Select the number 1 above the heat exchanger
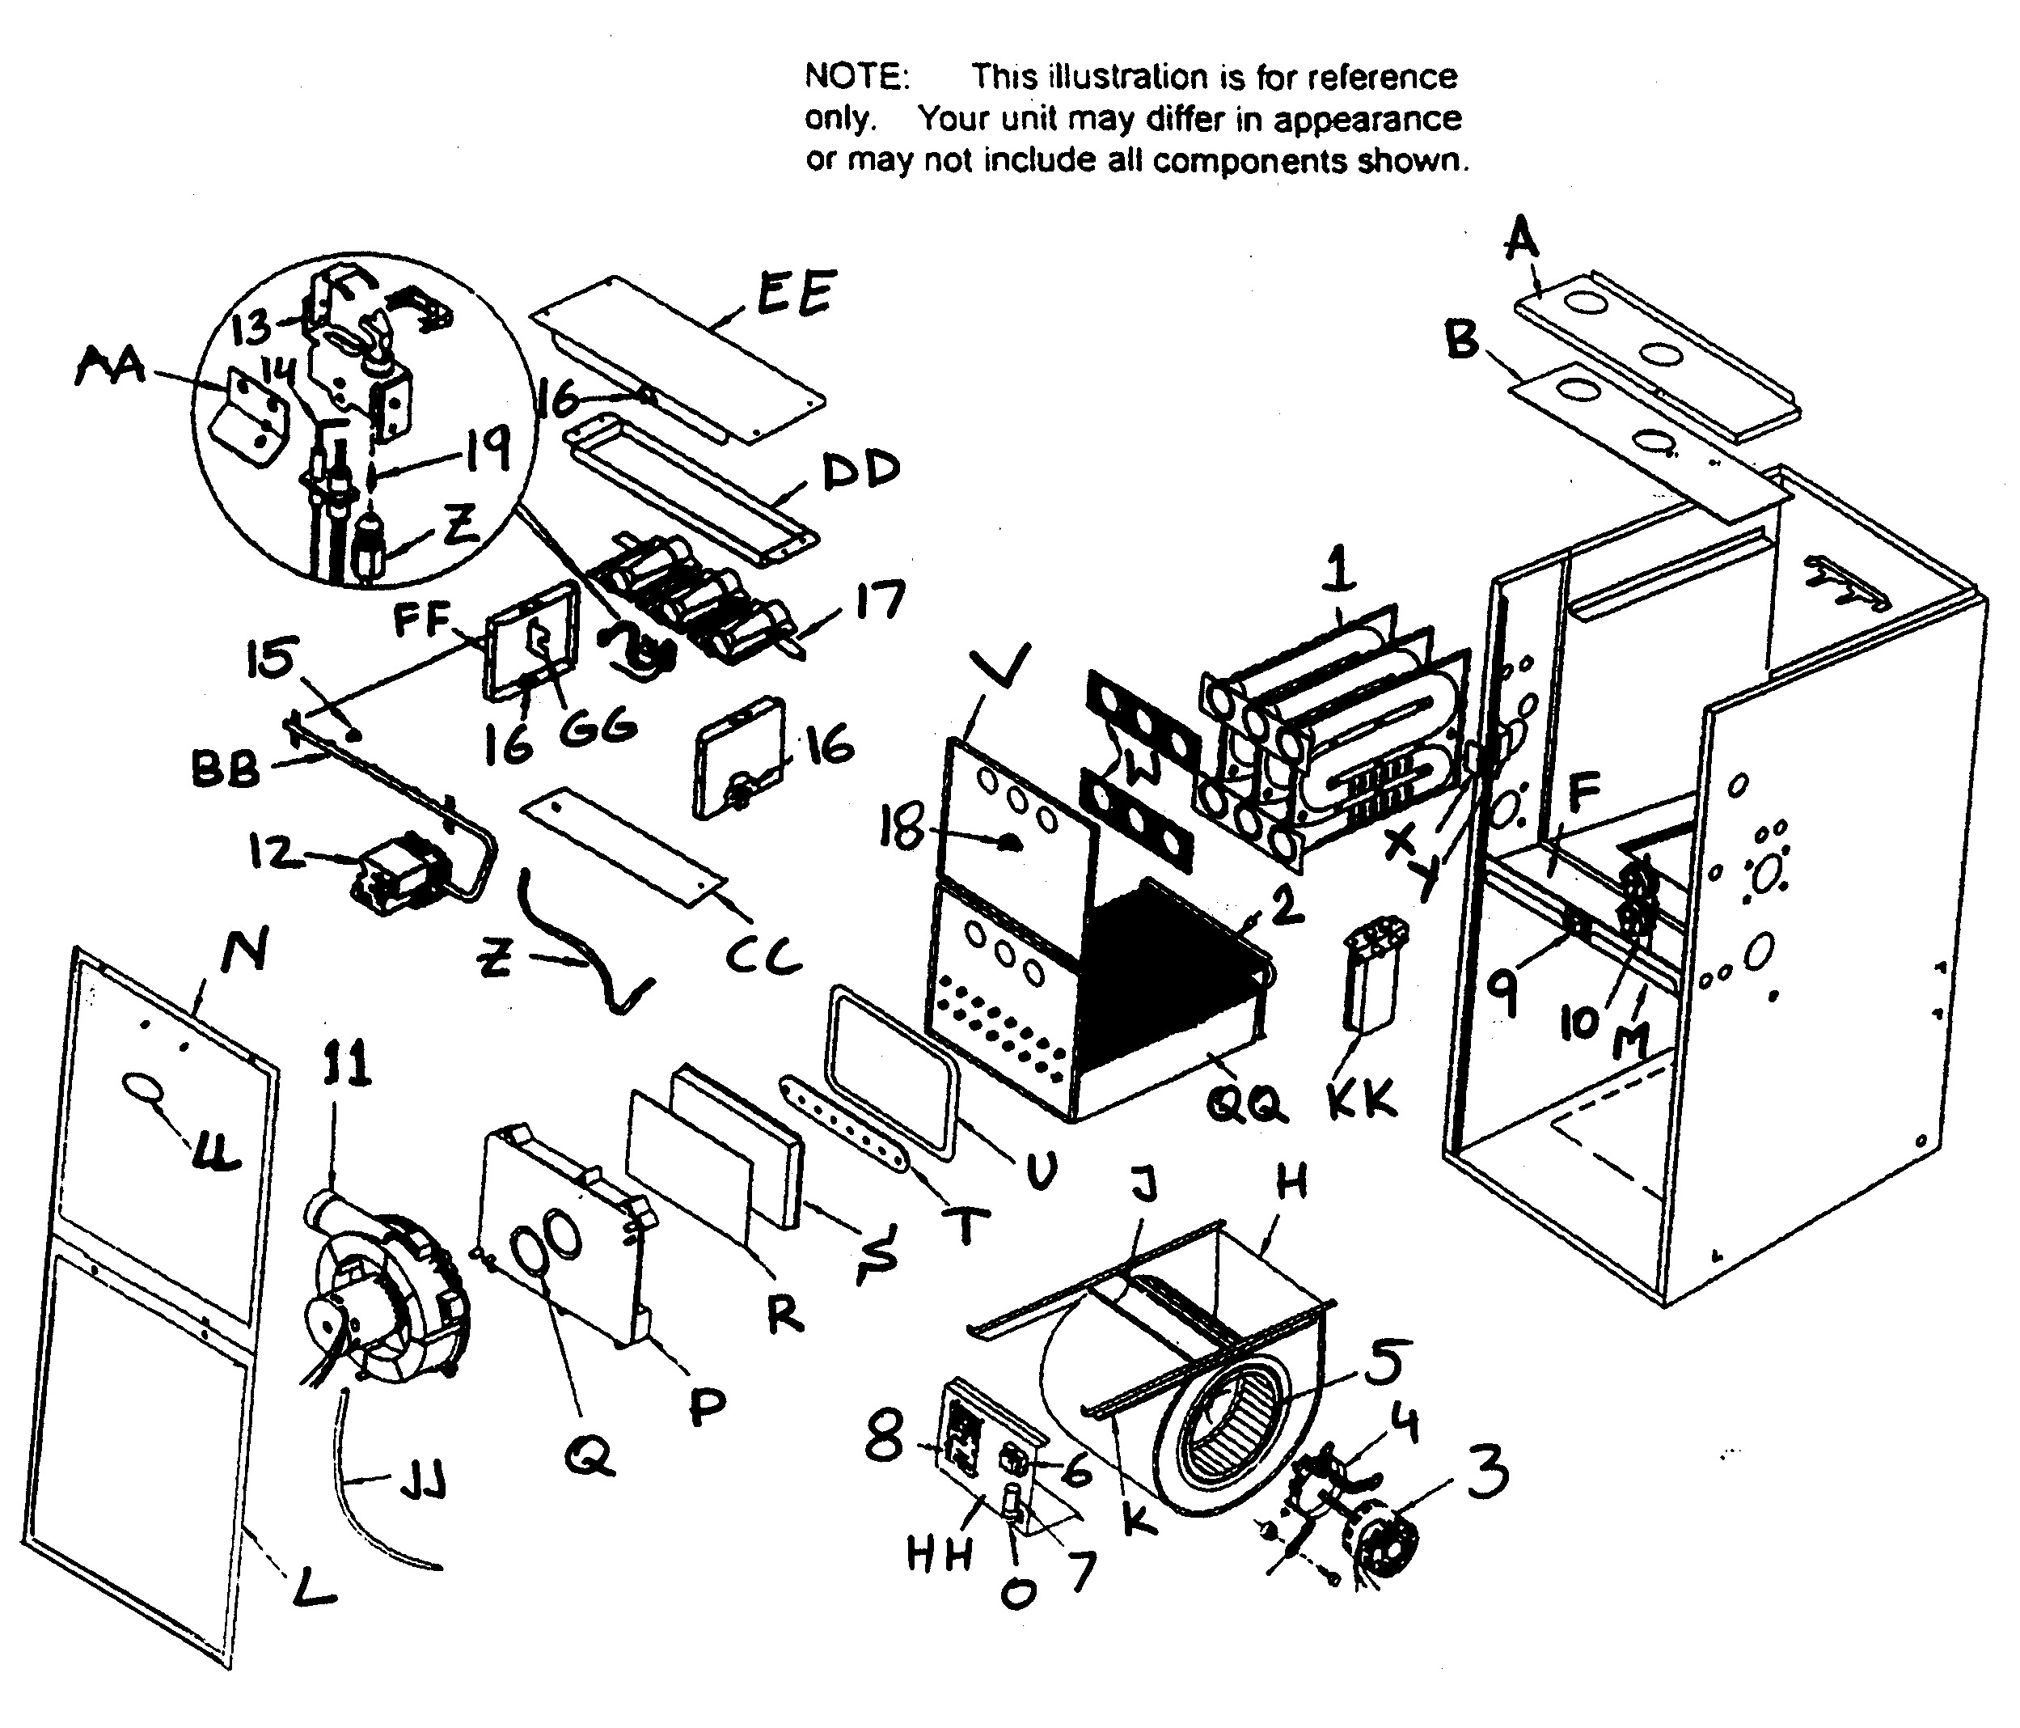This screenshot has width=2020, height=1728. (1341, 570)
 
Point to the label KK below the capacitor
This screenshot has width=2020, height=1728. (1362, 1100)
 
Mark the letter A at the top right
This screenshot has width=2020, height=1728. (1521, 239)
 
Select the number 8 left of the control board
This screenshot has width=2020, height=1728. (884, 1438)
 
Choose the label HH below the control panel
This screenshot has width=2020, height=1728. (939, 1556)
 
